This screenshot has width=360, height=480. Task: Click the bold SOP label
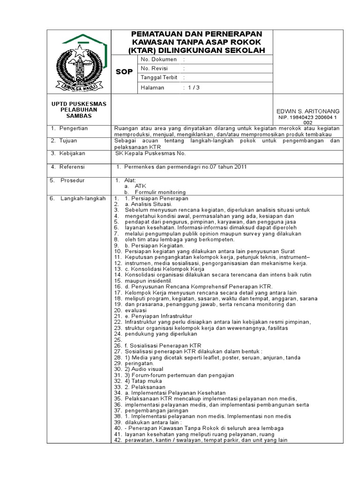(x=124, y=72)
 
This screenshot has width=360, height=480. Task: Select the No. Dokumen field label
(x=158, y=60)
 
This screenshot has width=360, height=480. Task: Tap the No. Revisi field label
(x=155, y=68)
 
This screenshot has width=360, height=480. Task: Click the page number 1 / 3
(x=193, y=88)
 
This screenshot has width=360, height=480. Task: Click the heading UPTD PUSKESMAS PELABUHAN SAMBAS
(x=79, y=110)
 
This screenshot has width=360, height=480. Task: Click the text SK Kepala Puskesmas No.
(x=151, y=153)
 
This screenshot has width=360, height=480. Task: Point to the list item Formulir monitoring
(x=160, y=192)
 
